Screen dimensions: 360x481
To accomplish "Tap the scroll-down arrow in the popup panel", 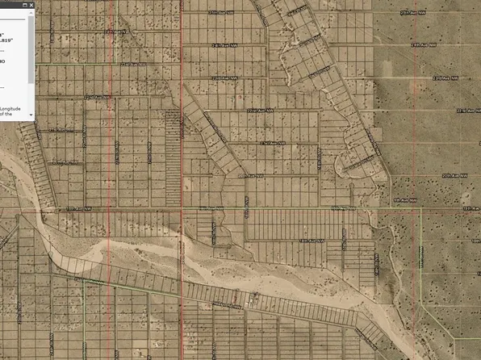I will click(x=31, y=115).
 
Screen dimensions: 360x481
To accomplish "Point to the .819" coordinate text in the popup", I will click(x=8, y=40).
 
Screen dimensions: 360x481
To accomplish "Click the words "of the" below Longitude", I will click(x=6, y=115).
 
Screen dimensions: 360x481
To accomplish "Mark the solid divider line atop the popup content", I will click(x=12, y=19).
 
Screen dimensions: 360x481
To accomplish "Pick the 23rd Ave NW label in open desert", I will click(x=445, y=78).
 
